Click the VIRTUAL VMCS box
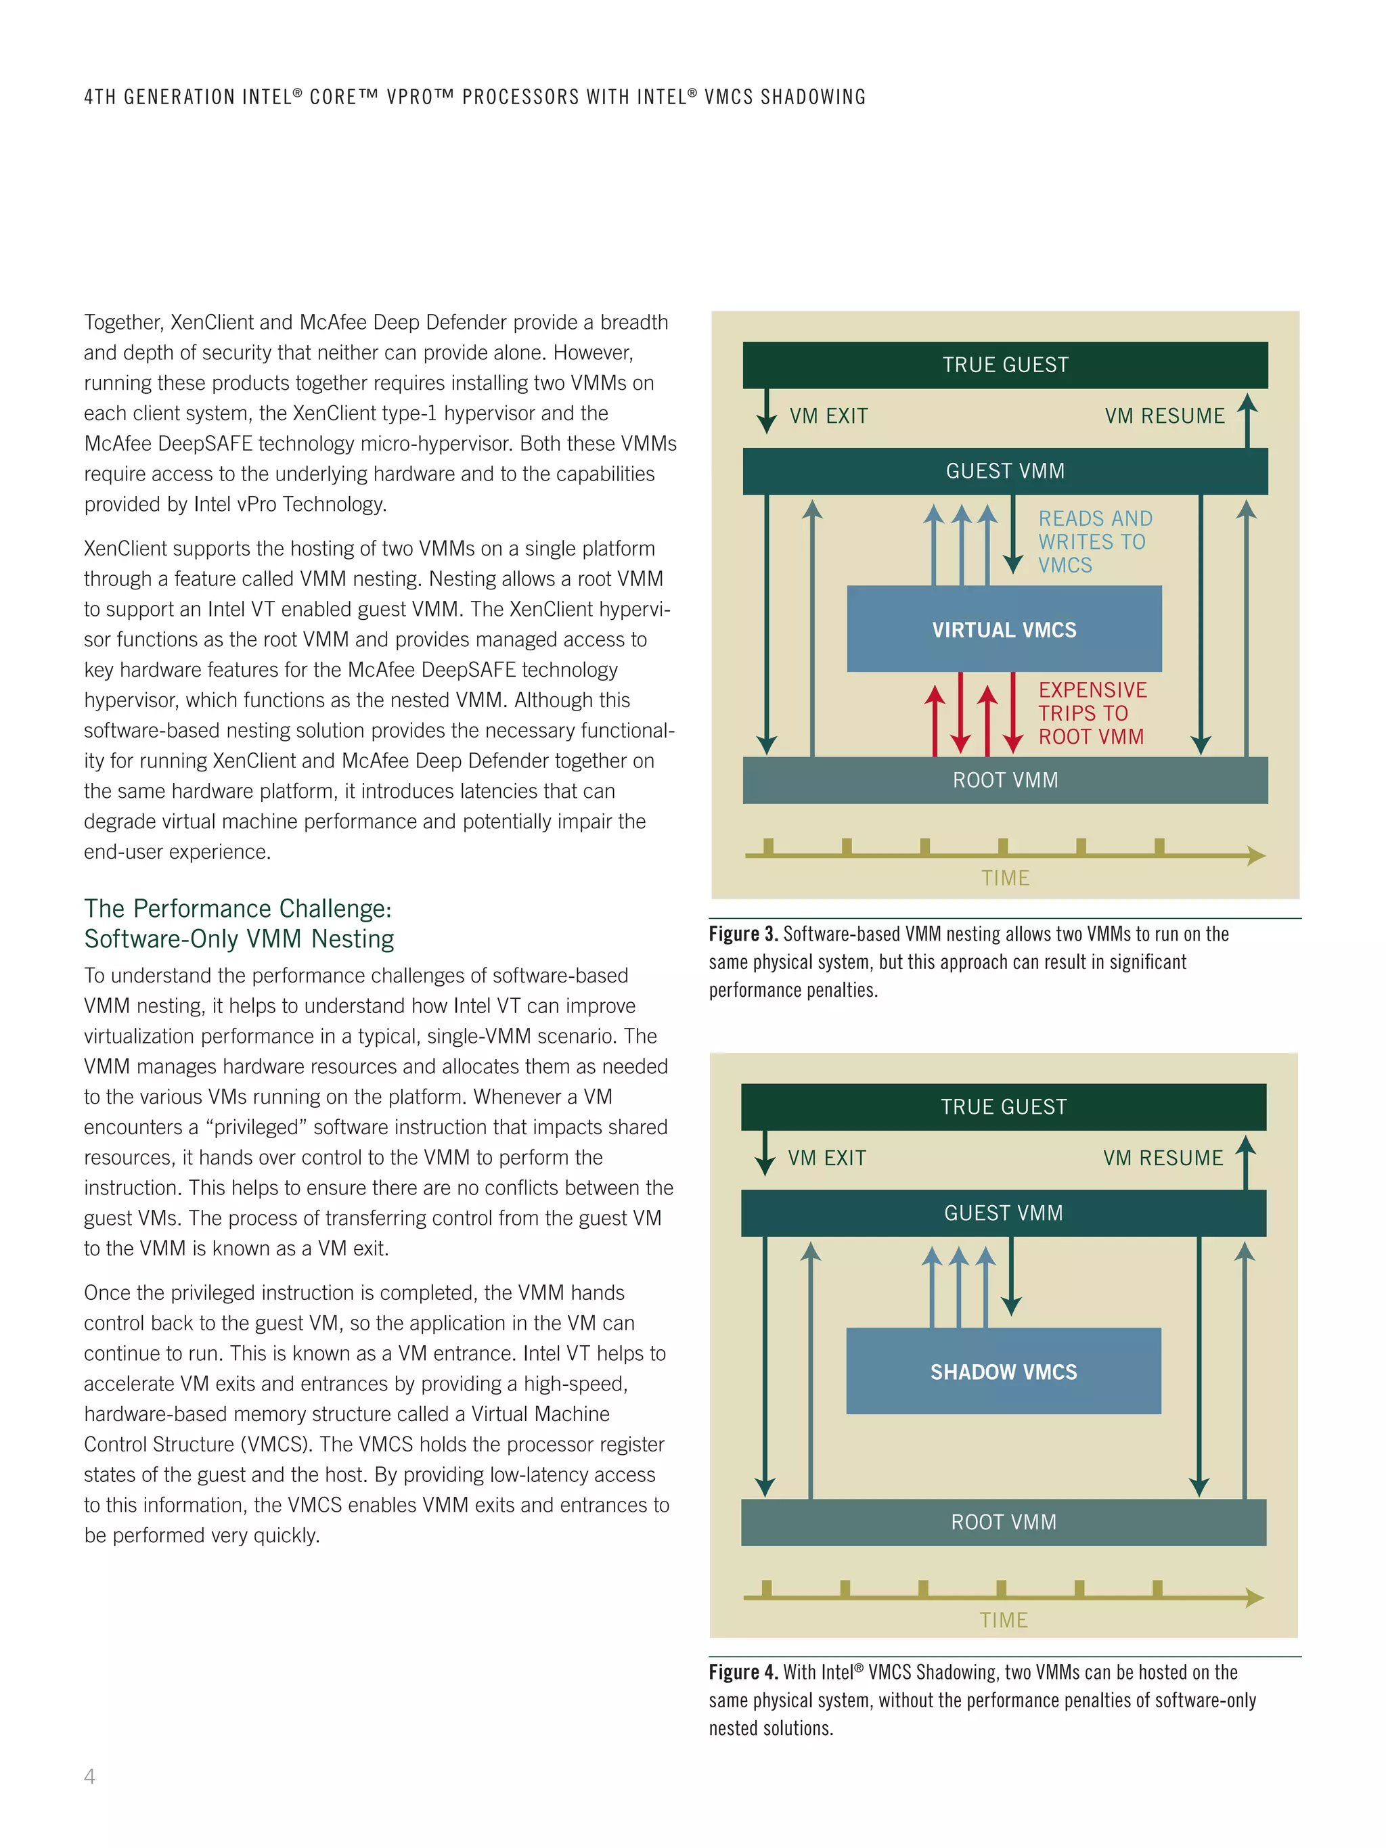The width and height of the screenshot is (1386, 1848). [1004, 629]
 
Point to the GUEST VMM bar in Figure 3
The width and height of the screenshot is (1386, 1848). [1004, 471]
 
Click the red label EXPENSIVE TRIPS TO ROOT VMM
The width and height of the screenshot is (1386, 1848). [1092, 713]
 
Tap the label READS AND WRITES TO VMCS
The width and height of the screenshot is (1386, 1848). [1094, 541]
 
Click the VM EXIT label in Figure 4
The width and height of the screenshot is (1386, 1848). [826, 1158]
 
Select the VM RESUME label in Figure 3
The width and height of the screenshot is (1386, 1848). [1164, 416]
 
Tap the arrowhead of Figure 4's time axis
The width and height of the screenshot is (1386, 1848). [1255, 1598]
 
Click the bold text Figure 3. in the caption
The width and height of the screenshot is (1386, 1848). [742, 934]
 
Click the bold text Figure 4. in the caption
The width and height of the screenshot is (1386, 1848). [742, 1671]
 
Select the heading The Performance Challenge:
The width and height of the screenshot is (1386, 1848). [238, 908]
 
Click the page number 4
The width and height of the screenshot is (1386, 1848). [89, 1776]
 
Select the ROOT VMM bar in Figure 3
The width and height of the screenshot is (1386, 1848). [1004, 780]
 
